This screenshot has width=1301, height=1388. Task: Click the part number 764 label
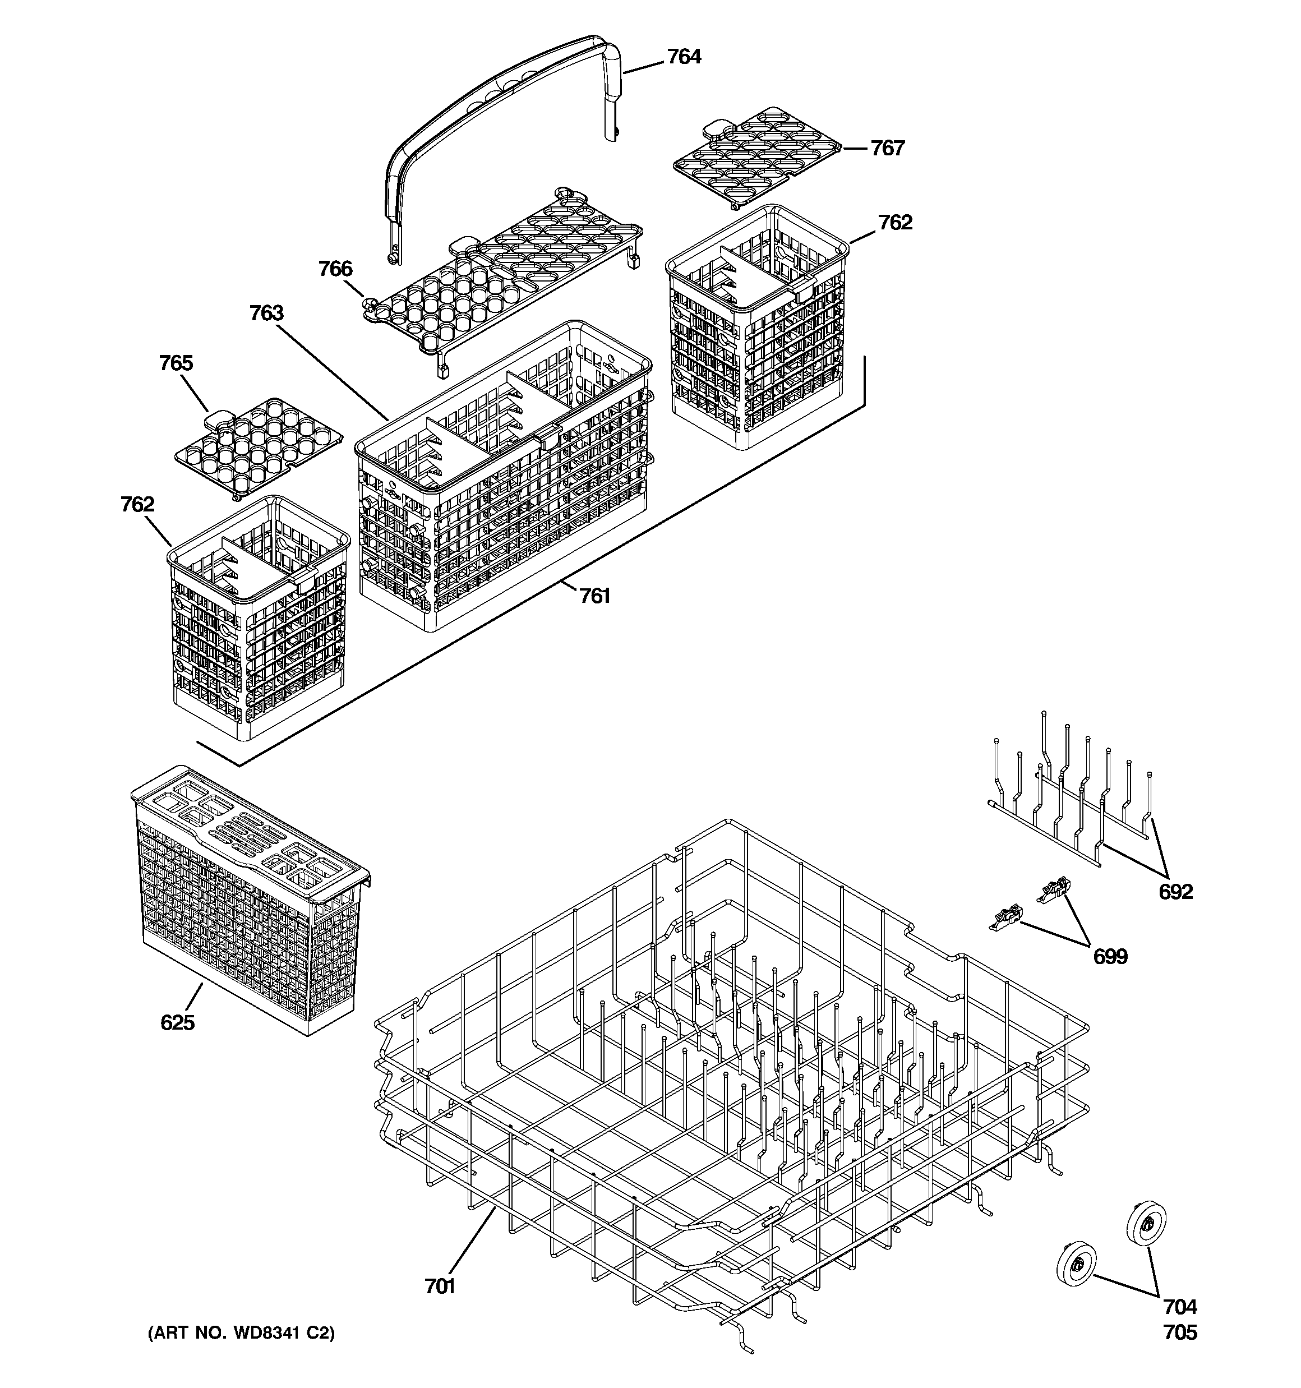click(684, 57)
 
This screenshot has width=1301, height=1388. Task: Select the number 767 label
click(887, 148)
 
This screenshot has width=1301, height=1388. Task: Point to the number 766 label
click(335, 269)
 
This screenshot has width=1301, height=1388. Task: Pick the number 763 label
click(267, 313)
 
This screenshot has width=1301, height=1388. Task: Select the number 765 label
click(176, 363)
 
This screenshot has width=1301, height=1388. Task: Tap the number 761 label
click(594, 596)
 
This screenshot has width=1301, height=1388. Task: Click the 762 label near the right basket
click(894, 222)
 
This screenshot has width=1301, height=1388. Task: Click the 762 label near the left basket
click(137, 504)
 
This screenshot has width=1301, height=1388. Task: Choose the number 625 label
click(177, 1023)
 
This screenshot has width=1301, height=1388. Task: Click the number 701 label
click(440, 1286)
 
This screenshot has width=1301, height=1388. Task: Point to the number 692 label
click(1176, 892)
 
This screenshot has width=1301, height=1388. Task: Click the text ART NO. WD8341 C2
click(241, 1333)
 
